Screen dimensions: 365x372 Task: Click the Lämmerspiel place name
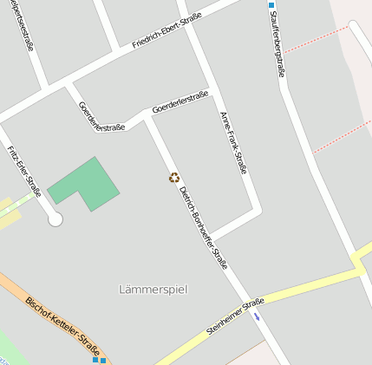(153, 289)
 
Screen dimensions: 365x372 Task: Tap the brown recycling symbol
(174, 178)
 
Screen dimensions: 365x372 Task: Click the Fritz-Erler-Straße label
(24, 172)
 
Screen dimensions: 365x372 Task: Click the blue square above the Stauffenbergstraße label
(271, 4)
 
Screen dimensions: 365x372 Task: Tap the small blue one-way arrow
(256, 316)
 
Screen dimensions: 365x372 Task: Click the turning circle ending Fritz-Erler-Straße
(55, 219)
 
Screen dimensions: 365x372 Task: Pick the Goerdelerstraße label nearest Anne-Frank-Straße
(179, 103)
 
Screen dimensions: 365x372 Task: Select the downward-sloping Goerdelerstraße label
(101, 116)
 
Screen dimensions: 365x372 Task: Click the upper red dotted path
(316, 39)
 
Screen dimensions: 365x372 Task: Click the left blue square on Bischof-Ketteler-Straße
(95, 358)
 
